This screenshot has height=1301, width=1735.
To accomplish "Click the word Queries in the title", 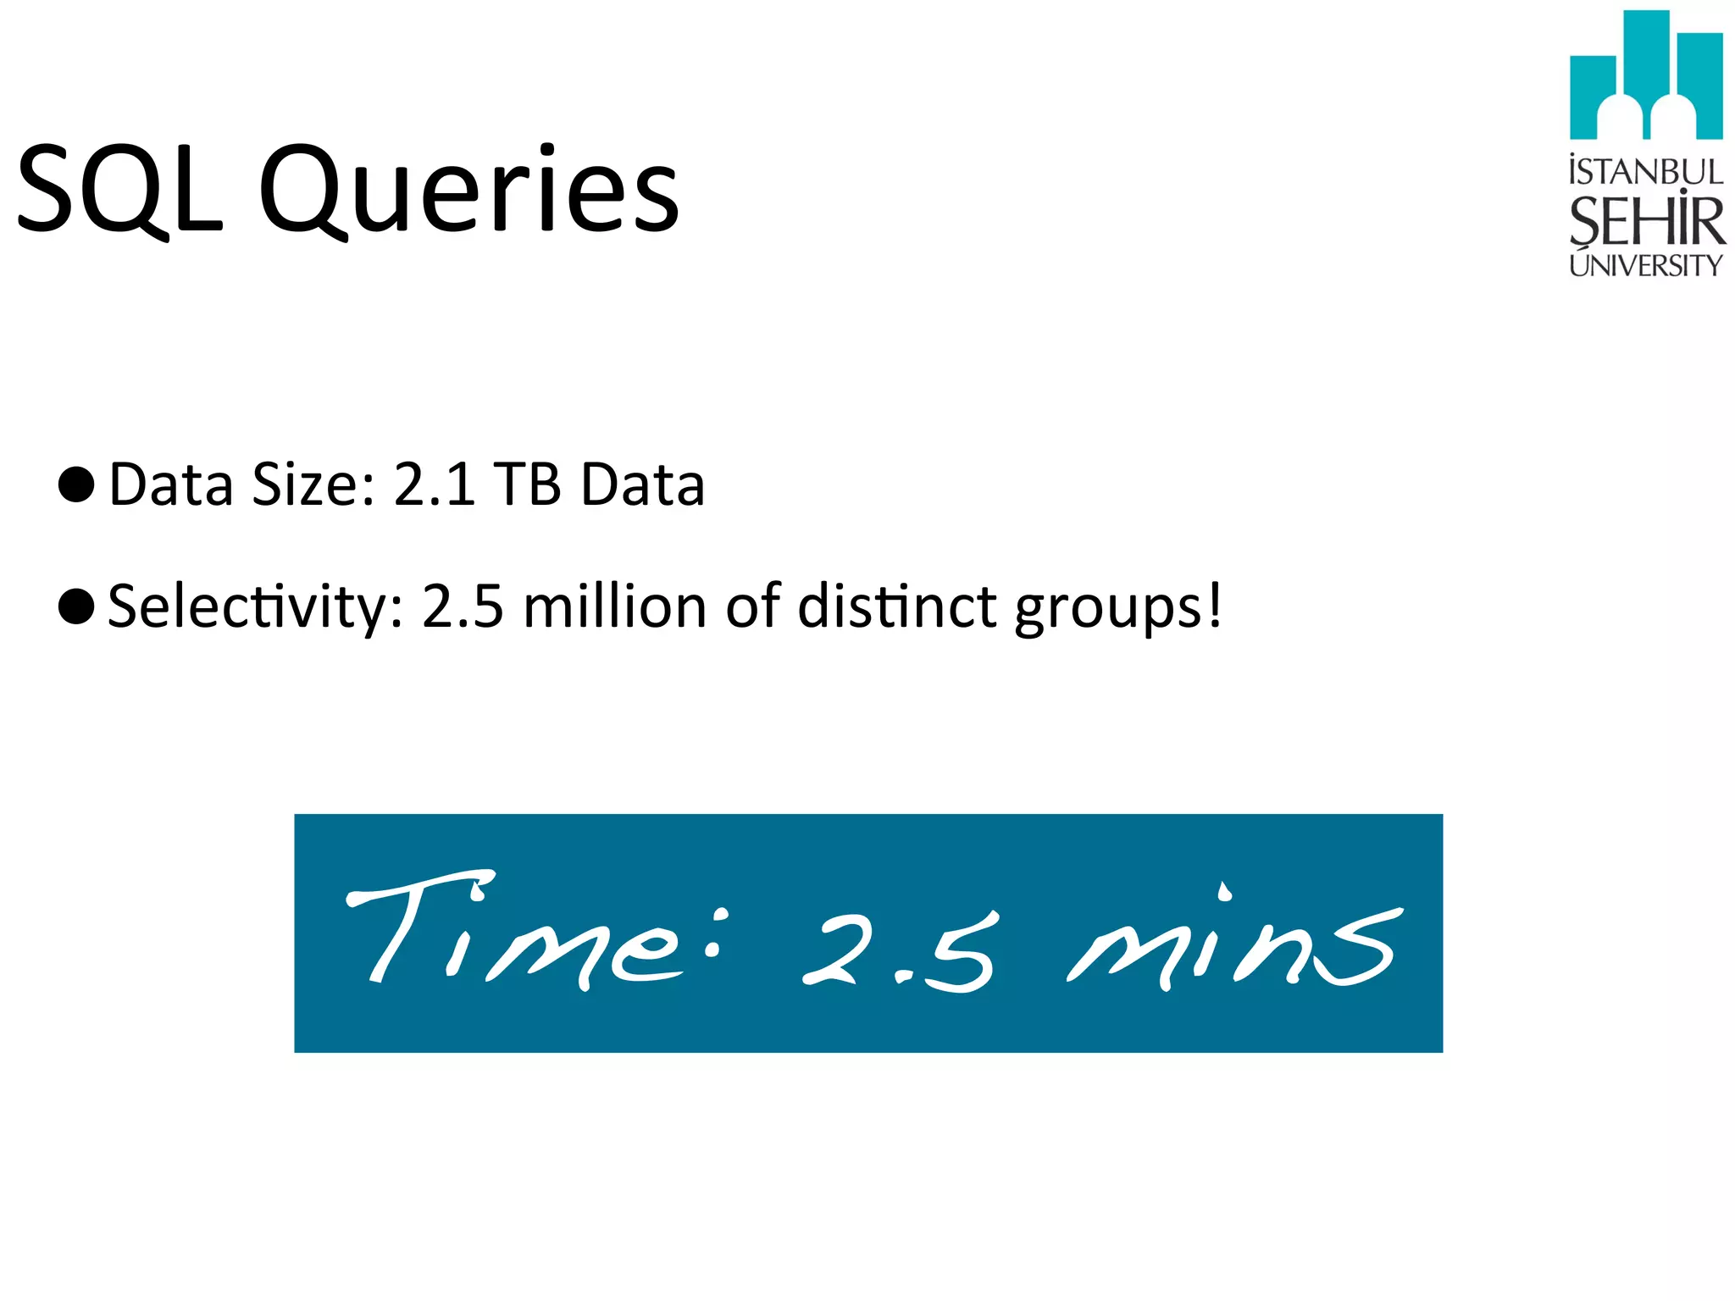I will coord(468,192).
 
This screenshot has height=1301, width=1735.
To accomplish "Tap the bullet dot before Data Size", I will coord(76,484).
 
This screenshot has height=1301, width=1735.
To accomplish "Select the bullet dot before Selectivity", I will coord(76,606).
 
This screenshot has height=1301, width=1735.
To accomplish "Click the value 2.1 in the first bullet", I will coord(435,484).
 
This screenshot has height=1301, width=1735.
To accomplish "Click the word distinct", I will coord(897,606).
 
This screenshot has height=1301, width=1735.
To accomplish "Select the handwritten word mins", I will coord(1233,944).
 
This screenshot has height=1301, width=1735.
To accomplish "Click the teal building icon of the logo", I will coord(1646,76).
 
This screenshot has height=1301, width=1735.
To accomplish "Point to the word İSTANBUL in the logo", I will coord(1646,172).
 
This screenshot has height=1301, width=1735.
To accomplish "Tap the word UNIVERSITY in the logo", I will coord(1646,266).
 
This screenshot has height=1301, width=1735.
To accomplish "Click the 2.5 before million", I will coord(463,606).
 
